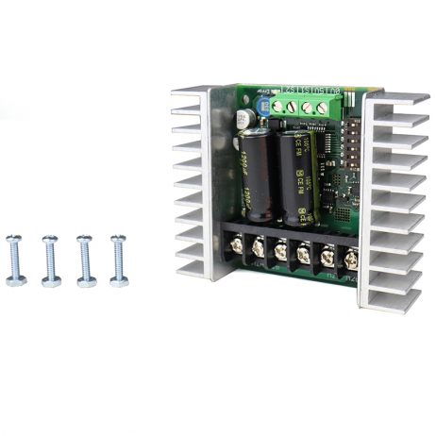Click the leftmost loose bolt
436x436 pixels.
point(15,259)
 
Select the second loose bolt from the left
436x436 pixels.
point(51,260)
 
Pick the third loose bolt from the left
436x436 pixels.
point(85,259)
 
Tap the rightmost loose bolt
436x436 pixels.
point(119,259)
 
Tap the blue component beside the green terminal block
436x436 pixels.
point(264,107)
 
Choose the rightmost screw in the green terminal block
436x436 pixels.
point(324,108)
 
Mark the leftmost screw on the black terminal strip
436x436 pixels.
point(234,249)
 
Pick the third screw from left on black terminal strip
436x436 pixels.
point(281,252)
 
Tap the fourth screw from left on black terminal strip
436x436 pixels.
point(304,253)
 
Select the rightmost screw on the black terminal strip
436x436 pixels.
point(352,256)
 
